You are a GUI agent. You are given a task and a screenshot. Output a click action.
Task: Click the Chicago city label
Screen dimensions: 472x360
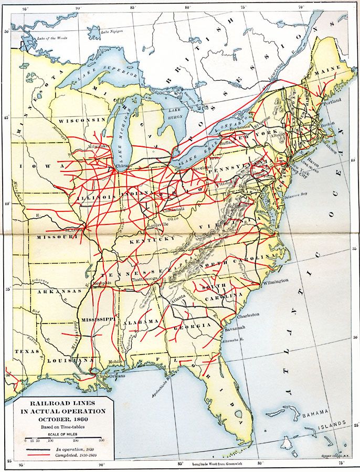coord(125,166)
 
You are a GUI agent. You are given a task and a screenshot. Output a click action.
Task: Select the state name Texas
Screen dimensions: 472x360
coord(23,351)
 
